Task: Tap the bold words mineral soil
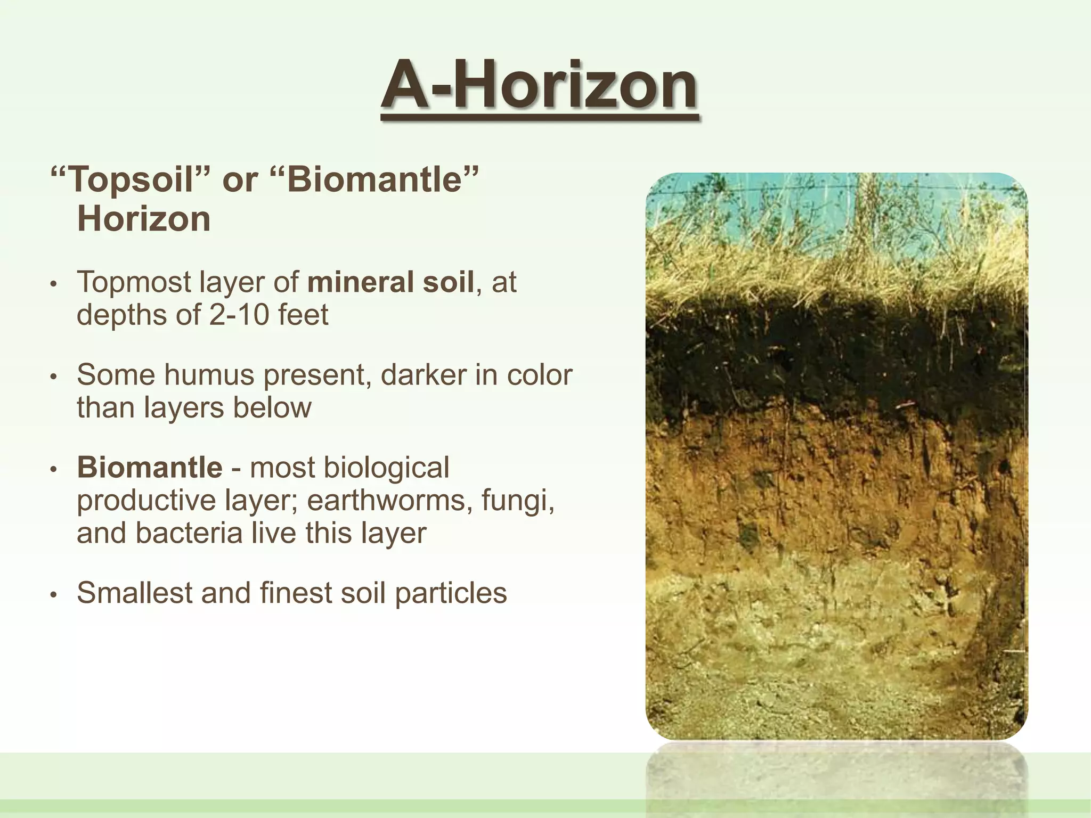coord(390,282)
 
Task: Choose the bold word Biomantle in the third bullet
coord(150,468)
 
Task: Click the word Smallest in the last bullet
coord(135,593)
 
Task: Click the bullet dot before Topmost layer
coord(53,284)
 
